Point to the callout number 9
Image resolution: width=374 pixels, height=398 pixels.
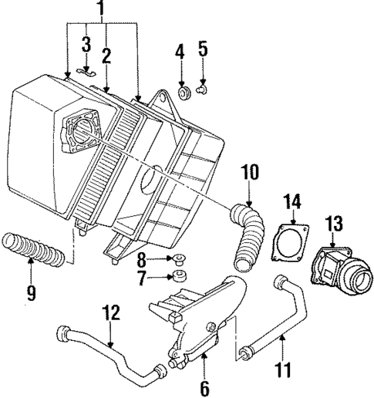click(180, 53)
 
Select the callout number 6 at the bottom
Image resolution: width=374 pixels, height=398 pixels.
click(251, 170)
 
